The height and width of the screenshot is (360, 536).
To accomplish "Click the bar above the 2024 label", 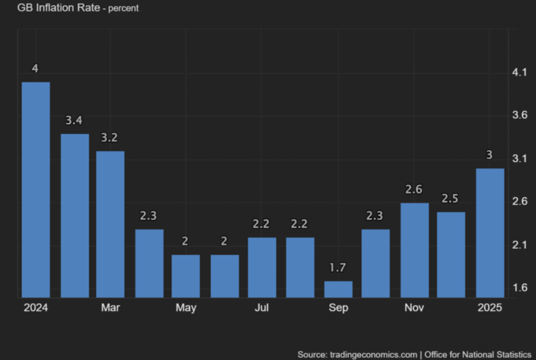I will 36,190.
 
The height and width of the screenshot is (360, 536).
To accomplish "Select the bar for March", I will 110,224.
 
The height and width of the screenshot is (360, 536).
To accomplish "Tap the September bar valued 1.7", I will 338,289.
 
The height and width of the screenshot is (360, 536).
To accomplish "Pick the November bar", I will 414,250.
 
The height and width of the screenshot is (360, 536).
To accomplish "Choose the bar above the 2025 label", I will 490,233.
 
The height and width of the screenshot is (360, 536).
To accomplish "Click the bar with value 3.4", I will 75,215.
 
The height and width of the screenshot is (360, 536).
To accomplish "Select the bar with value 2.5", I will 451,255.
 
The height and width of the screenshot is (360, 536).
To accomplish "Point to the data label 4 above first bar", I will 35,69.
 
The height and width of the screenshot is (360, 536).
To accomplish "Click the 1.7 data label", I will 338,268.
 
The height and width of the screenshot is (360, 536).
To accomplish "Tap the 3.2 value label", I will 110,138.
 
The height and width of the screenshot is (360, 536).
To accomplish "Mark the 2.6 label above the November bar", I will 414,190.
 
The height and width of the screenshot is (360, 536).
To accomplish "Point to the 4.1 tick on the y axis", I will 520,72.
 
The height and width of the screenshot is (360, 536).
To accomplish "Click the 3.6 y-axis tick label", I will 520,115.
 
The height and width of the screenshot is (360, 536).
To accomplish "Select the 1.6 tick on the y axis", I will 520,287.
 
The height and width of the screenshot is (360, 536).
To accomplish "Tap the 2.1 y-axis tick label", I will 520,245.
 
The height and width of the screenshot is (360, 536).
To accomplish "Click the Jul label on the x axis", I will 262,308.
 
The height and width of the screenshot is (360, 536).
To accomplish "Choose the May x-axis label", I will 186,308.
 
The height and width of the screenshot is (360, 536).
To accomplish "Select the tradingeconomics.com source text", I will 373,354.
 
